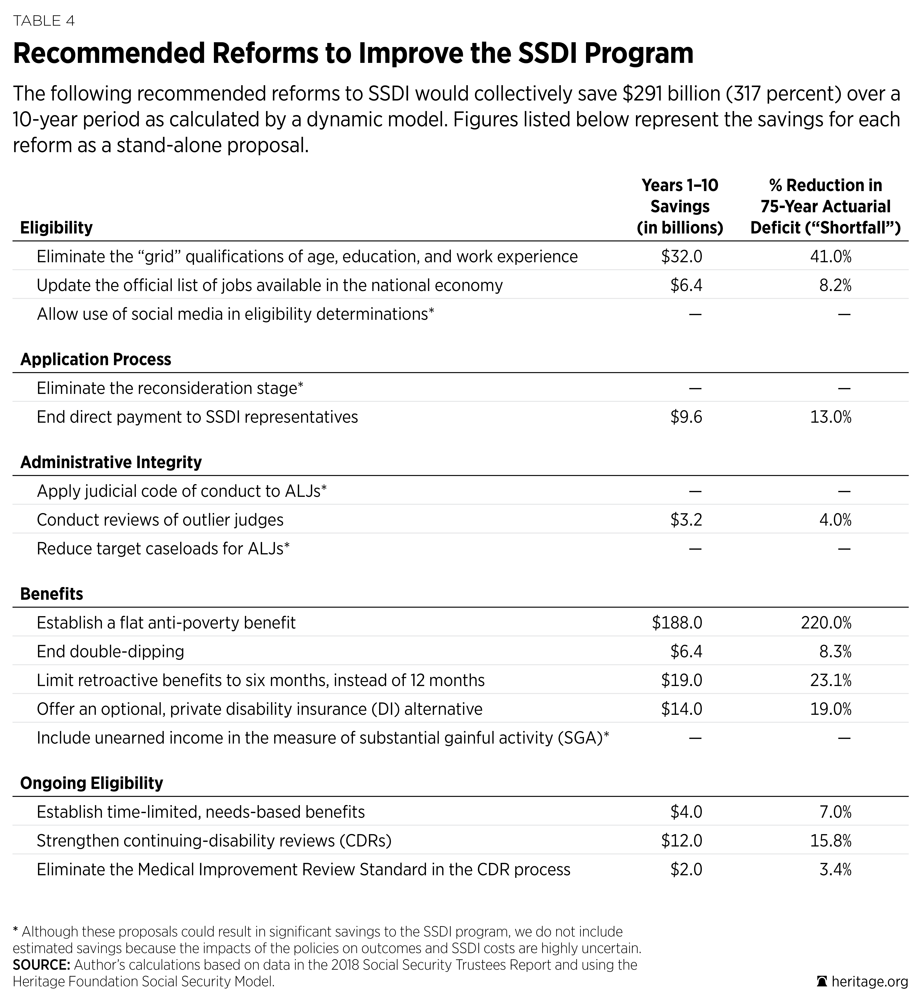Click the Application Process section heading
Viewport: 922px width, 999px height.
pyautogui.click(x=96, y=359)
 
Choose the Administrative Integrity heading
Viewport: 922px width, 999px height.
pyautogui.click(x=111, y=462)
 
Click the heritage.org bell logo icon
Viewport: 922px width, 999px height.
pyautogui.click(x=822, y=981)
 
